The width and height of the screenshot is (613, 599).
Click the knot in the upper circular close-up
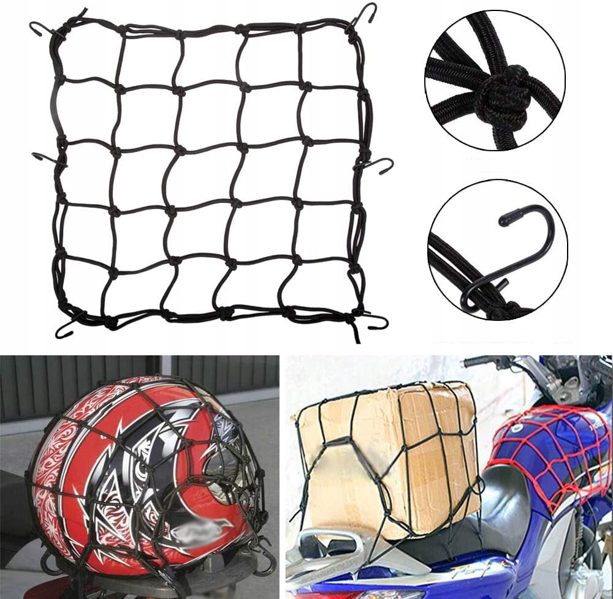pyautogui.click(x=500, y=94)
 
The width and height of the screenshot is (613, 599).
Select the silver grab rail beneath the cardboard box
pyautogui.click(x=343, y=545)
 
